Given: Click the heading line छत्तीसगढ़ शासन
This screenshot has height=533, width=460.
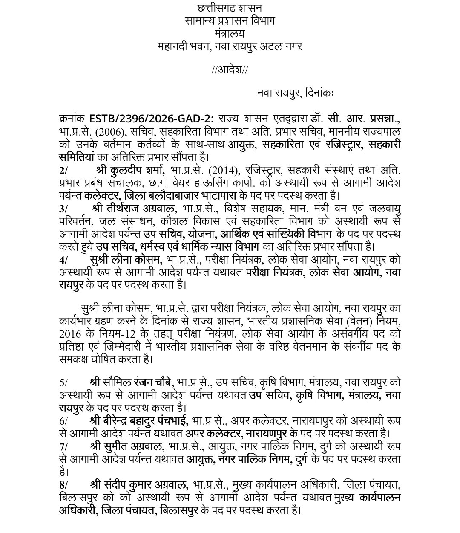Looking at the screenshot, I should pos(230,8).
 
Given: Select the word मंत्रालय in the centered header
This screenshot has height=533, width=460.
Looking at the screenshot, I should pos(230,33).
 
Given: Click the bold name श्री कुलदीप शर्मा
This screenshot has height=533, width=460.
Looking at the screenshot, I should pos(131,170).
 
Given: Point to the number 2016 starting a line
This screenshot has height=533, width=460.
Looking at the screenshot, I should pos(68,333).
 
